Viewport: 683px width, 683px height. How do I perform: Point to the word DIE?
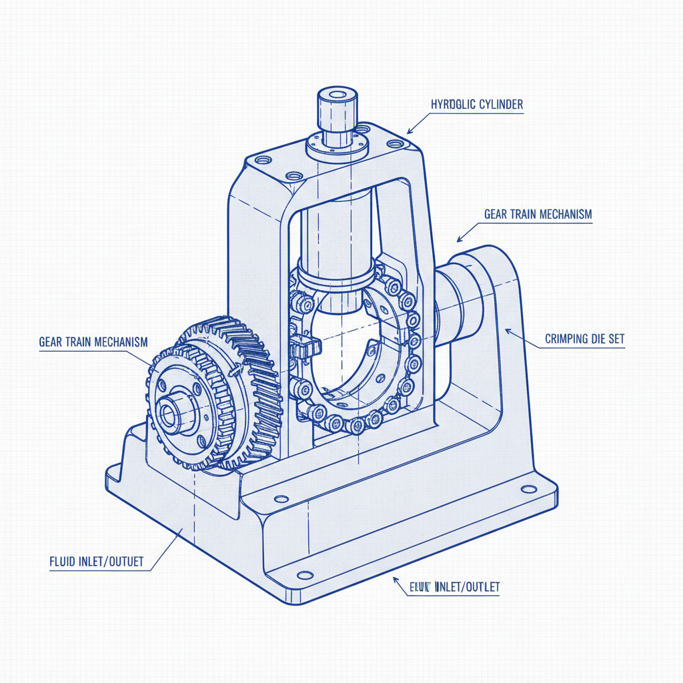(600, 339)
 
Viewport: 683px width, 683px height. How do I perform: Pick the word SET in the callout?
(618, 339)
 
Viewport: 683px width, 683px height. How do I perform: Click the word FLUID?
(65, 562)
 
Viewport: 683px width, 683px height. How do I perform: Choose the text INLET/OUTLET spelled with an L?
(467, 587)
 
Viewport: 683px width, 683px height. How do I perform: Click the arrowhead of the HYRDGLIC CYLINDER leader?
(409, 132)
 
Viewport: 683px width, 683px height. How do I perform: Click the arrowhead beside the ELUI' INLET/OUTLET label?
(398, 582)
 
